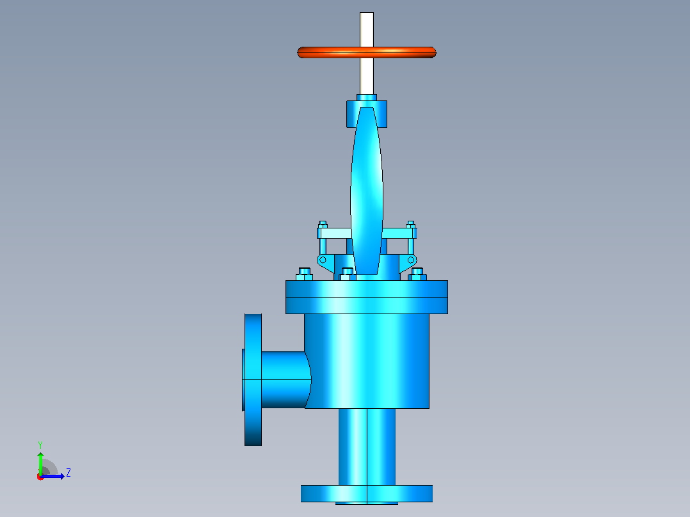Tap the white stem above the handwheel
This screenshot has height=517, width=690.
367,29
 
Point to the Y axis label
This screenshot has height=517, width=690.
40,445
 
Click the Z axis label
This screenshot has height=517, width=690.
68,473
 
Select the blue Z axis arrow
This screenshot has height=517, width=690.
52,476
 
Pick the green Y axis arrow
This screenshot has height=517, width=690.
40,464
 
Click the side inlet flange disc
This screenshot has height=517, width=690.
253,379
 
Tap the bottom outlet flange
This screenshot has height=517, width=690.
367,493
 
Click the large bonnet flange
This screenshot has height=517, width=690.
367,297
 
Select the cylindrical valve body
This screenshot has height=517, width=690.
367,361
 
